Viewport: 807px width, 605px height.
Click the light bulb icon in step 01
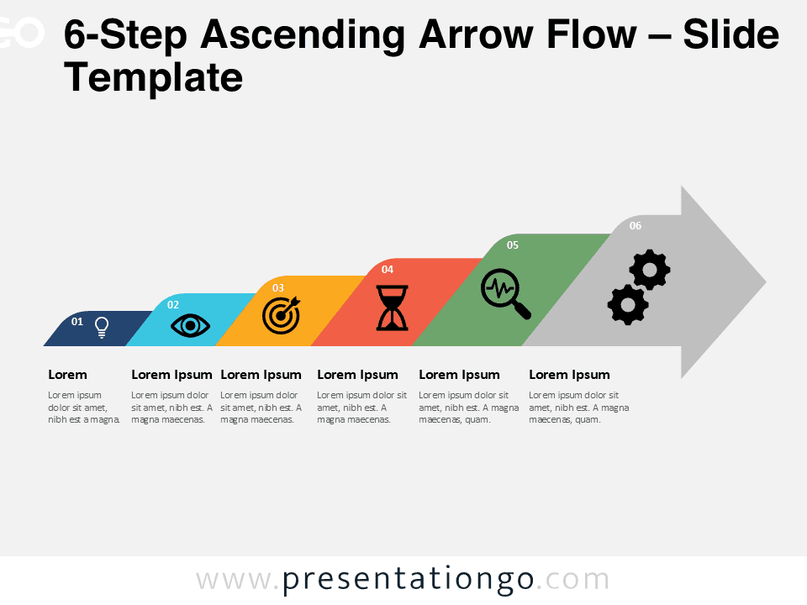[102, 327]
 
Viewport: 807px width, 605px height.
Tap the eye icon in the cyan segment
[191, 326]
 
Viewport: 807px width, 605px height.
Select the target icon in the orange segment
[282, 315]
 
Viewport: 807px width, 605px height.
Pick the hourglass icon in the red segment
[393, 308]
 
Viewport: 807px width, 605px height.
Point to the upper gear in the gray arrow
[650, 270]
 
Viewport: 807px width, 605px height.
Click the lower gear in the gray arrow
[628, 304]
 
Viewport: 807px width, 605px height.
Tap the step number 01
[77, 322]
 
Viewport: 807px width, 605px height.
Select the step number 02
[173, 304]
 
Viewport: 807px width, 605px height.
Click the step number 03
[278, 287]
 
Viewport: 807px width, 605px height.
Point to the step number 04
[387, 269]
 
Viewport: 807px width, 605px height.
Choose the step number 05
[513, 245]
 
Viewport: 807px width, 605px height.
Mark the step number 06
[636, 225]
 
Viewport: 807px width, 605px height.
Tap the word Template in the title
[153, 77]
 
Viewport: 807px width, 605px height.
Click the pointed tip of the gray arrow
[766, 282]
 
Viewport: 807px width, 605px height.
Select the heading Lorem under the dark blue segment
[67, 375]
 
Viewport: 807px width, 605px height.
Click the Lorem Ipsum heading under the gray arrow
[569, 375]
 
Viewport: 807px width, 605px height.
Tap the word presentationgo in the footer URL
[409, 580]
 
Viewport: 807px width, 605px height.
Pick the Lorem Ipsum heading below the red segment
[358, 375]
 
